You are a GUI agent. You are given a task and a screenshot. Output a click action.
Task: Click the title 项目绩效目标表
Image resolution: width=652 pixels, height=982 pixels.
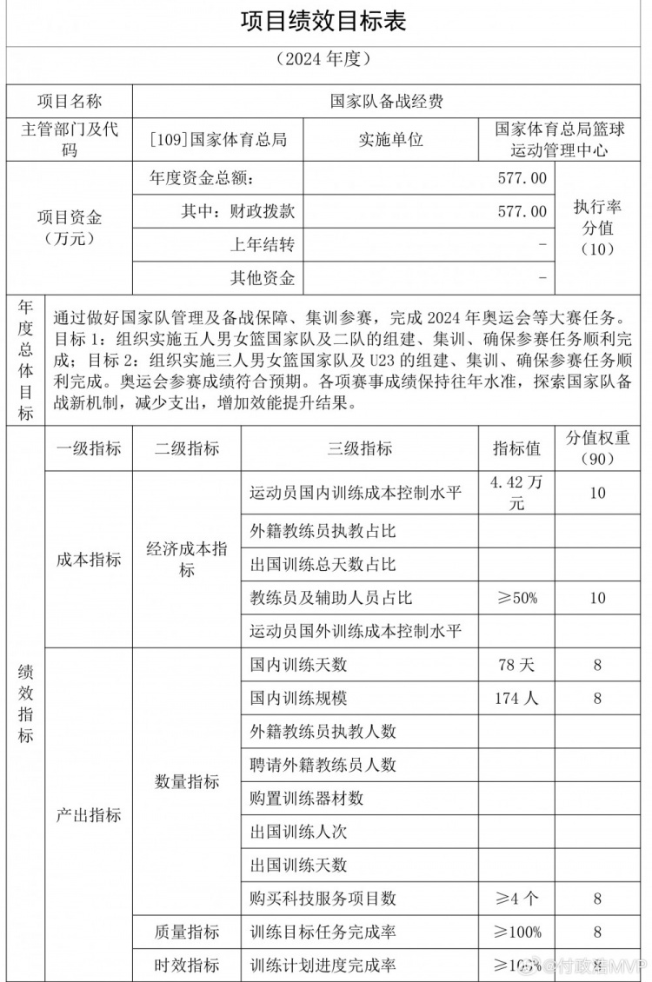(323, 21)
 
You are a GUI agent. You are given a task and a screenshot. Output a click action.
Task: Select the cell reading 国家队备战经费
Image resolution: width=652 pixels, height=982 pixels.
(387, 101)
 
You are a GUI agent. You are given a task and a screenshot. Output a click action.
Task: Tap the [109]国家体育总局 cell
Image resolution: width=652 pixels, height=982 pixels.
(218, 139)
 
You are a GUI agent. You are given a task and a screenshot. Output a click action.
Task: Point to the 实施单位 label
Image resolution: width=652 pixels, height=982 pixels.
(390, 139)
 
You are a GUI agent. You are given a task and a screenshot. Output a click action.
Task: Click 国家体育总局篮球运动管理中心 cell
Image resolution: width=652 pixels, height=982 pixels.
(559, 139)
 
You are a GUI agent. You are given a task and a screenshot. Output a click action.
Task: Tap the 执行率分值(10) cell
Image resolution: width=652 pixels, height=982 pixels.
(597, 228)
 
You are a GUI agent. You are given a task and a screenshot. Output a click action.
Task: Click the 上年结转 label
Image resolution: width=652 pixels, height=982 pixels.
(262, 244)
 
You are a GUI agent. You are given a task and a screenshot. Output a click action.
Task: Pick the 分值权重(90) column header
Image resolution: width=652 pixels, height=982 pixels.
(597, 448)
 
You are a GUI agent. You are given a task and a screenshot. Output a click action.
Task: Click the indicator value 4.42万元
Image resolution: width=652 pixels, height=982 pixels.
(516, 493)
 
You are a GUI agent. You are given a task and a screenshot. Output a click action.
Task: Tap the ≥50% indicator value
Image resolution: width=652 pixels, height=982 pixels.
(516, 598)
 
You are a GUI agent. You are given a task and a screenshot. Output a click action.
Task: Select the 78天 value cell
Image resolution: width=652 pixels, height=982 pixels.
(516, 665)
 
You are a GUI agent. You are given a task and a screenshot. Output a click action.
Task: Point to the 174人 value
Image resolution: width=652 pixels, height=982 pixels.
(516, 698)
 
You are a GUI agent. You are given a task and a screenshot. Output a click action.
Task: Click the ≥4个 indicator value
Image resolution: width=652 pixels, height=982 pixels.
(516, 898)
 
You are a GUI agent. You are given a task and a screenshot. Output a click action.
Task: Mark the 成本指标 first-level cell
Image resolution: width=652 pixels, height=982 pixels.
(89, 560)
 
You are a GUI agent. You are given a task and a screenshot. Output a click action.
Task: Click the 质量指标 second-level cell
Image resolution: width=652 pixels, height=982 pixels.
(187, 932)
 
